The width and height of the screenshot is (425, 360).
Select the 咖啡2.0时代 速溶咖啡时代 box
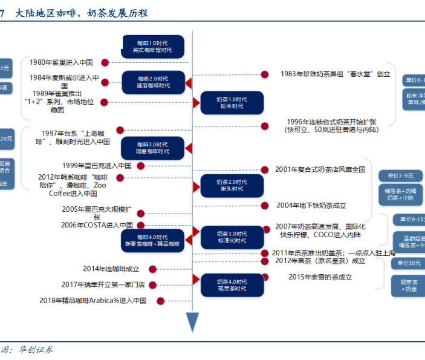coord(153,82)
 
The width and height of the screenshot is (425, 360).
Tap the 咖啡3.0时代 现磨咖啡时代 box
coord(153,148)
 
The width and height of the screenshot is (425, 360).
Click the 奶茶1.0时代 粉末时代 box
coord(232,102)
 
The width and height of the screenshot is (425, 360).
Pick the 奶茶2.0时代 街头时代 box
coord(232,185)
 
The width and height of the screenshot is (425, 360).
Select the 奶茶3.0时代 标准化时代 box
coord(232,237)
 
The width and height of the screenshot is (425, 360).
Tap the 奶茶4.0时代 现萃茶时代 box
coord(232,285)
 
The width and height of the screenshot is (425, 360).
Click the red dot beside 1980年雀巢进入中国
coord(105,62)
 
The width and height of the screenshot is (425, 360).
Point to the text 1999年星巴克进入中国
coord(97,165)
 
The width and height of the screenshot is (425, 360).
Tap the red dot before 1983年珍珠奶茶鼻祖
coord(264,74)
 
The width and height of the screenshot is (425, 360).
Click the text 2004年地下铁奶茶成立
coord(311,206)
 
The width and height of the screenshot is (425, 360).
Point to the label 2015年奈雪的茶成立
coord(320,277)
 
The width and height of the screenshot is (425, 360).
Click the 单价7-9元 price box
coord(400,176)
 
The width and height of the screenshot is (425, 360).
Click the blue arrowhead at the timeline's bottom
coord(192,322)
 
